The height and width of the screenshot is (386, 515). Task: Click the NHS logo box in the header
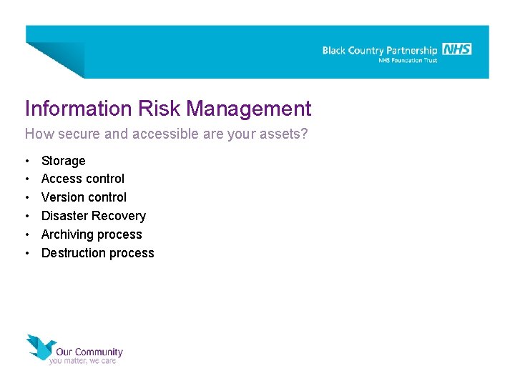(456, 49)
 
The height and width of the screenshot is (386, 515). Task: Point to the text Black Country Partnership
(379, 51)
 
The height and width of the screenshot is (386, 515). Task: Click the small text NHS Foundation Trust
(407, 61)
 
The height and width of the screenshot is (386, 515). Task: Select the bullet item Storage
(63, 161)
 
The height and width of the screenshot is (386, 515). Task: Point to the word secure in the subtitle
(73, 134)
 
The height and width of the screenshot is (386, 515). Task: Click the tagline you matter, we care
(82, 361)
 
